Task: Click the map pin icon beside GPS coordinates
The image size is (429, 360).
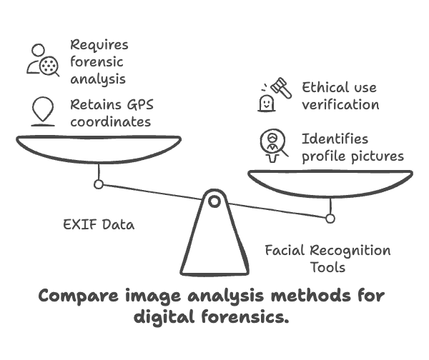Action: (x=43, y=111)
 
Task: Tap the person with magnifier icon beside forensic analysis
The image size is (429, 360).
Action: (x=43, y=60)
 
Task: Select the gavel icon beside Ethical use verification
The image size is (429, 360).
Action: (x=275, y=94)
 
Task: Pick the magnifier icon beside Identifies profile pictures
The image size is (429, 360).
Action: (x=274, y=146)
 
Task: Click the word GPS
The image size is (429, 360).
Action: (x=140, y=104)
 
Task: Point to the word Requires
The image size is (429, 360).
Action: (x=99, y=44)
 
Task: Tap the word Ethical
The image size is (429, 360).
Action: (x=325, y=87)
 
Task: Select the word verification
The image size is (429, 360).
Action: (x=340, y=105)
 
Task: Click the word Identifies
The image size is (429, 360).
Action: (x=335, y=139)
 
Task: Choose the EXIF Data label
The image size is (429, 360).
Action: (x=99, y=225)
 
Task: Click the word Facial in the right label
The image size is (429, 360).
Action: (x=285, y=251)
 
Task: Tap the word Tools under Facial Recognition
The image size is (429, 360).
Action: (x=327, y=267)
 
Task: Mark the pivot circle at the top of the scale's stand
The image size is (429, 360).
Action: (x=214, y=201)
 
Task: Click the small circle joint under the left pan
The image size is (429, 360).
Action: (x=99, y=184)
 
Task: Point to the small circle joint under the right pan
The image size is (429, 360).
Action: (x=330, y=219)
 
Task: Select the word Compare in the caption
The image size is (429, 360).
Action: (x=79, y=296)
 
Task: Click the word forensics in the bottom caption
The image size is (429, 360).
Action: (x=245, y=317)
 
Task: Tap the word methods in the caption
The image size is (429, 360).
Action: (x=310, y=296)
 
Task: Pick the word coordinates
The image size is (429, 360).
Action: (x=111, y=122)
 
